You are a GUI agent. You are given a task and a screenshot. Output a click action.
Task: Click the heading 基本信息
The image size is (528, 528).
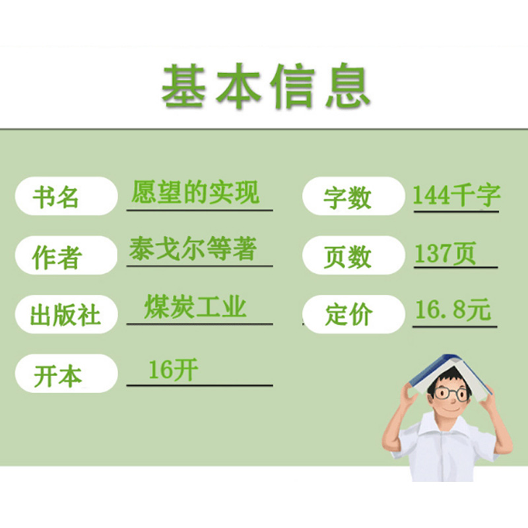pyautogui.click(x=266, y=86)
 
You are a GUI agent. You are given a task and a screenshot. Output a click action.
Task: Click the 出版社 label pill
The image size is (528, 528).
pyautogui.click(x=66, y=314)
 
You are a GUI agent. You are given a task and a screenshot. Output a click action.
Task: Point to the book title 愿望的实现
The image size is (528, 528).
pyautogui.click(x=195, y=192)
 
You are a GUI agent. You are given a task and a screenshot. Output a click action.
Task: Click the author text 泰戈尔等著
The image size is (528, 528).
pyautogui.click(x=193, y=250)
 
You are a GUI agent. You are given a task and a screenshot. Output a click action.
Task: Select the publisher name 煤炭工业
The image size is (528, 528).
pyautogui.click(x=195, y=308)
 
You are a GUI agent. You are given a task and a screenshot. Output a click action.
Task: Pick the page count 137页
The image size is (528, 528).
pyautogui.click(x=445, y=253)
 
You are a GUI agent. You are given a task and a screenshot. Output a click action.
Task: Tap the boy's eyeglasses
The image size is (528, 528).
pyautogui.click(x=449, y=394)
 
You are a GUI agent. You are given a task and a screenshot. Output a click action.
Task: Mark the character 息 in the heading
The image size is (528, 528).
pyautogui.click(x=346, y=86)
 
